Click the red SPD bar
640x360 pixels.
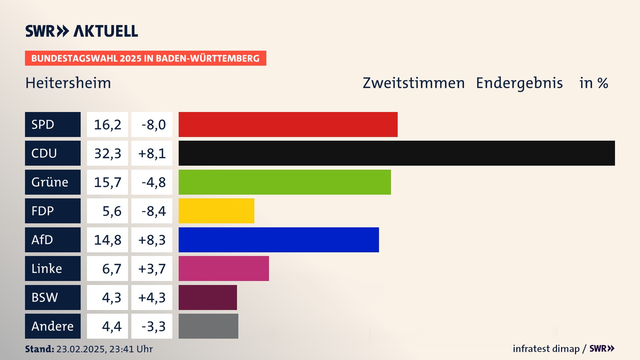(288, 124)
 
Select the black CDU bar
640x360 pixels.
(397, 153)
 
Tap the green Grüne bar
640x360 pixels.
(285, 182)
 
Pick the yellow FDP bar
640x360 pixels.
(216, 211)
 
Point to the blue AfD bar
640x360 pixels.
(279, 240)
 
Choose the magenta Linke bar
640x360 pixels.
(224, 268)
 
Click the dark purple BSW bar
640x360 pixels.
(208, 297)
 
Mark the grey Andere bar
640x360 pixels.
(208, 326)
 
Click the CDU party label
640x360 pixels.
(53, 153)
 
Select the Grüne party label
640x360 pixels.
(53, 182)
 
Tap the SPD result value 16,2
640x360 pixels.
(107, 124)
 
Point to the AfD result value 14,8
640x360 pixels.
(107, 240)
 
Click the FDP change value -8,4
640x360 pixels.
(152, 211)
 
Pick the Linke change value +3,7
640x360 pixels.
(152, 268)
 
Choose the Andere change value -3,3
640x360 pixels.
(152, 326)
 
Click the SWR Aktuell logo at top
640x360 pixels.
(82, 31)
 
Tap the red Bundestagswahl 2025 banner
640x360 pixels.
(145, 58)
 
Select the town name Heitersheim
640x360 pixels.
(68, 83)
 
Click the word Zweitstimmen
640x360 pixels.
(413, 83)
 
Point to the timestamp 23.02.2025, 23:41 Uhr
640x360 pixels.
(104, 349)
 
